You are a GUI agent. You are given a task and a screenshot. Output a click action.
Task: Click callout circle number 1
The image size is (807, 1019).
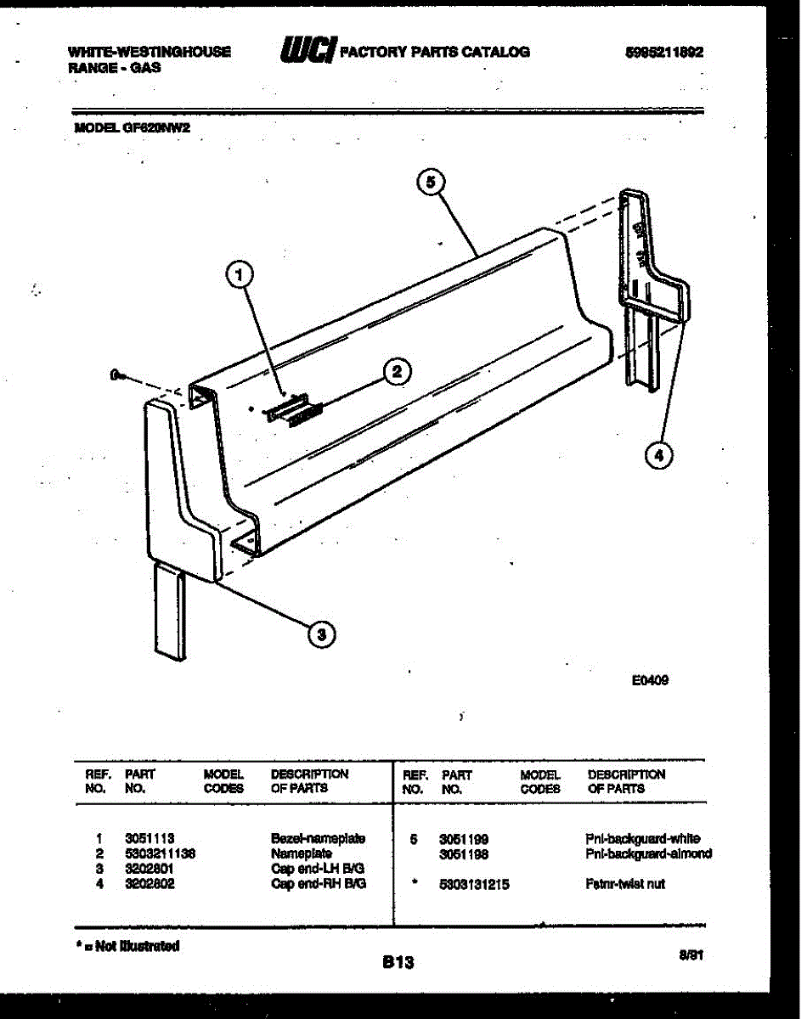pos(240,274)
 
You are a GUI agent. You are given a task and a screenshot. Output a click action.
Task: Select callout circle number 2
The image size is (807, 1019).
pos(397,371)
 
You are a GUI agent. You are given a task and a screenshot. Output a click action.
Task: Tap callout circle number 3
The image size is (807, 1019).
pos(320,633)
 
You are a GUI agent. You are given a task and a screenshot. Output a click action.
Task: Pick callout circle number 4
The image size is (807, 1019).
pos(657,455)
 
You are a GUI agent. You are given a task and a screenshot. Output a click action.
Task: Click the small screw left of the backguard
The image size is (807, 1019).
pos(117,374)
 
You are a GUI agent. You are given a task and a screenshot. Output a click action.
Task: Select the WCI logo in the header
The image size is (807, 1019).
pos(308,51)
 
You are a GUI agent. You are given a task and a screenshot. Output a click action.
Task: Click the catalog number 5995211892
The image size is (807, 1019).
pos(663,52)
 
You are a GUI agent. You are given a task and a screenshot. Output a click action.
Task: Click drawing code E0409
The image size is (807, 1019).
pos(650,679)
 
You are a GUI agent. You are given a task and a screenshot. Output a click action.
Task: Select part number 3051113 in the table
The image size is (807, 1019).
pos(150,838)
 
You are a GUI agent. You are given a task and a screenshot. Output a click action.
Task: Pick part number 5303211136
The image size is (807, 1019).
pos(160,853)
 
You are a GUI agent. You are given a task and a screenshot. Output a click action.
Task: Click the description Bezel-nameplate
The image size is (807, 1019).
pos(318,838)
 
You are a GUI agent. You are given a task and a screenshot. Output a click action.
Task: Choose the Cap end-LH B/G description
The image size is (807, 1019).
pos(318,869)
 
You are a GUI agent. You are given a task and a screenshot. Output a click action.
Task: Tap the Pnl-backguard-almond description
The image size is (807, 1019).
pos(648,853)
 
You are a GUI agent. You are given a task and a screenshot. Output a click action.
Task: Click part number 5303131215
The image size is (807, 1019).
pos(474,884)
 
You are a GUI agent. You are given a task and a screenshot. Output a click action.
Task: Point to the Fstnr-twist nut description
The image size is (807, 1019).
pos(625,884)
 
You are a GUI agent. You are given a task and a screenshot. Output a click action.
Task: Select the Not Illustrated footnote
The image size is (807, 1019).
pos(127,945)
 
